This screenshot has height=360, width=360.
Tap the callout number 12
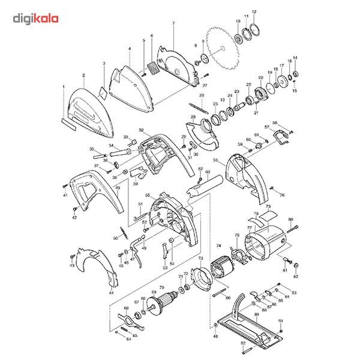[254, 12]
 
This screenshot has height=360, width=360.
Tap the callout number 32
[140, 130]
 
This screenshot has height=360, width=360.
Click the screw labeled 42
[74, 208]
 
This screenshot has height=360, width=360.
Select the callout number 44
[112, 293]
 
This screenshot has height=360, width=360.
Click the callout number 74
[218, 246]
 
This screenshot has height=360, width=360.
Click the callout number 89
[256, 314]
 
